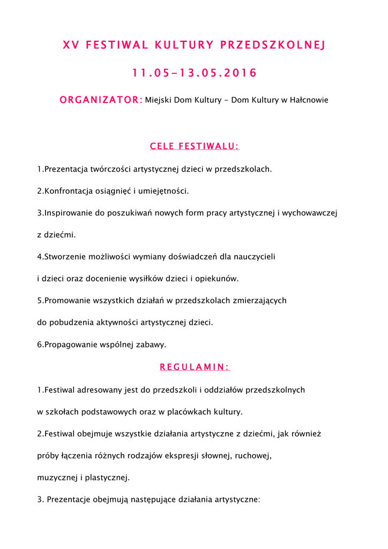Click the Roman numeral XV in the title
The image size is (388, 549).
pos(70,45)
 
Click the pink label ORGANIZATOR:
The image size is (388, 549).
pos(101,100)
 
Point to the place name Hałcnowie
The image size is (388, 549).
pos(308,100)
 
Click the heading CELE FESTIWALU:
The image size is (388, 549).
pos(195,146)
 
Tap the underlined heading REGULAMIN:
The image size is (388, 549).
pos(195,367)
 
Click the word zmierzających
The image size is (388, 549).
pos(260,301)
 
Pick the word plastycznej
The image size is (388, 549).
pos(107,477)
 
